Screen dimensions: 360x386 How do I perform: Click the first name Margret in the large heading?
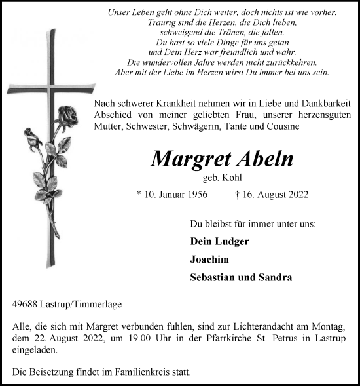[185, 159]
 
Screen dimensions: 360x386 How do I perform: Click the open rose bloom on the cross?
[67, 117]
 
